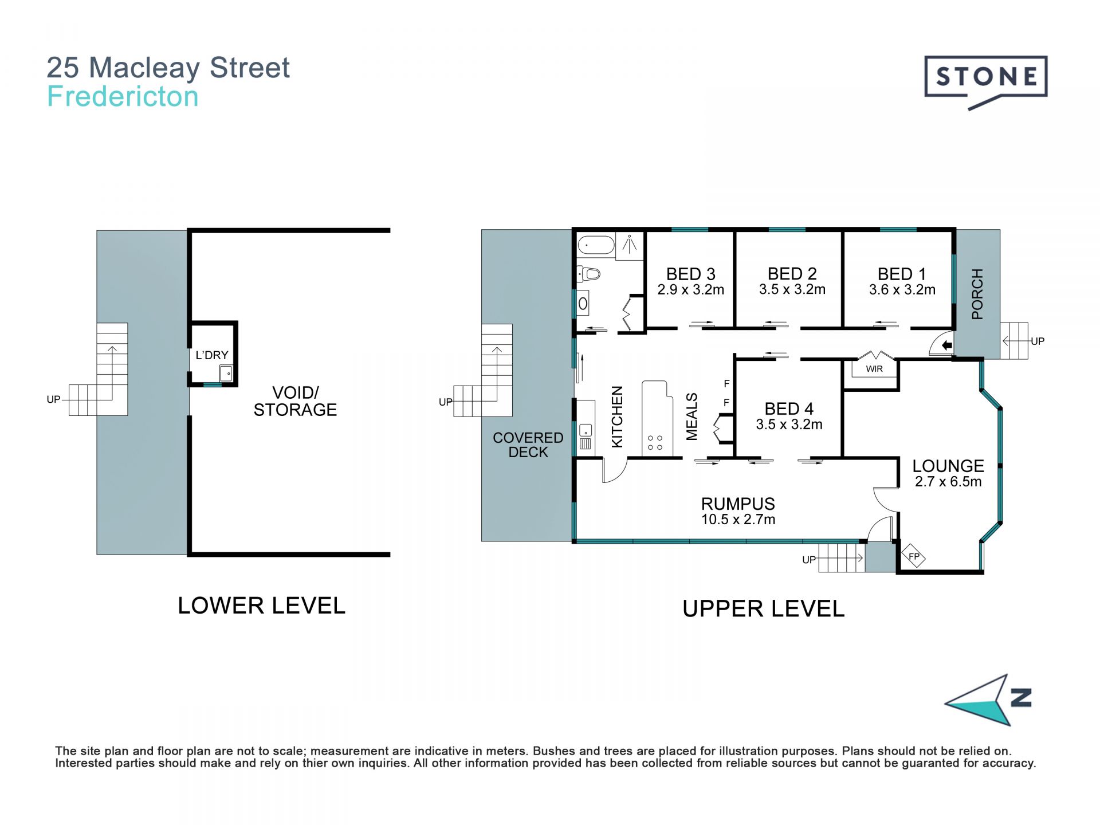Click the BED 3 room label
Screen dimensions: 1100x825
690,274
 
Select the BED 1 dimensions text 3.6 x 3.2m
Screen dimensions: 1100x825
902,290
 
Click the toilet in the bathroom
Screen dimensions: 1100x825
588,274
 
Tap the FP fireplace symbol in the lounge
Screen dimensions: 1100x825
914,556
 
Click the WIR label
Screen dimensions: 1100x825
874,369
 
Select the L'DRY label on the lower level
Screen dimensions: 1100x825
212,355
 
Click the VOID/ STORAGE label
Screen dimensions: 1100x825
296,401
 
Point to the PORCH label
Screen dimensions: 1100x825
977,294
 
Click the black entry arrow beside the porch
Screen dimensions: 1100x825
947,345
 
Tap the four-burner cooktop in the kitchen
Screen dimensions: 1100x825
655,442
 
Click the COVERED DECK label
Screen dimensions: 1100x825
528,445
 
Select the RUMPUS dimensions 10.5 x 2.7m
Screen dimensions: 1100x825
738,520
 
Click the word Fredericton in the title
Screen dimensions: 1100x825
123,96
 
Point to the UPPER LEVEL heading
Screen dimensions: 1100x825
763,608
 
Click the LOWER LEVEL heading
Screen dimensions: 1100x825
262,606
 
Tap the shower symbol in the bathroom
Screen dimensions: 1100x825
630,246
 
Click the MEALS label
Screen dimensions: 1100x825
692,417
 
